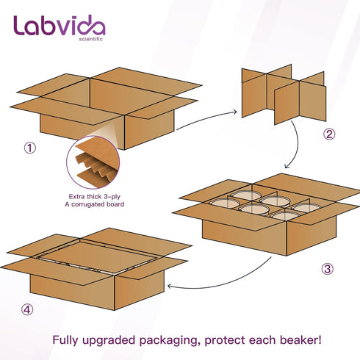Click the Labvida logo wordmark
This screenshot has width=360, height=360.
60,25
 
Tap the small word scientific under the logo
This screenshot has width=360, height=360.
90,39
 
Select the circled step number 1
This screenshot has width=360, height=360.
30,148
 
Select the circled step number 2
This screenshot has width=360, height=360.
329,134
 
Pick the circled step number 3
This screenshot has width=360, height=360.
328,269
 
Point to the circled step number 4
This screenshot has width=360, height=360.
27,309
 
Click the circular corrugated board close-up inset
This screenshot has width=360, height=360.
93,162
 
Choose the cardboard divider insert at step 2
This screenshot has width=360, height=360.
284,94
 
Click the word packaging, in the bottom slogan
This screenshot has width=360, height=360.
170,341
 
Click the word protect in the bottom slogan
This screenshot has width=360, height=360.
225,341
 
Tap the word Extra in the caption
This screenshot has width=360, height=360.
76,196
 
